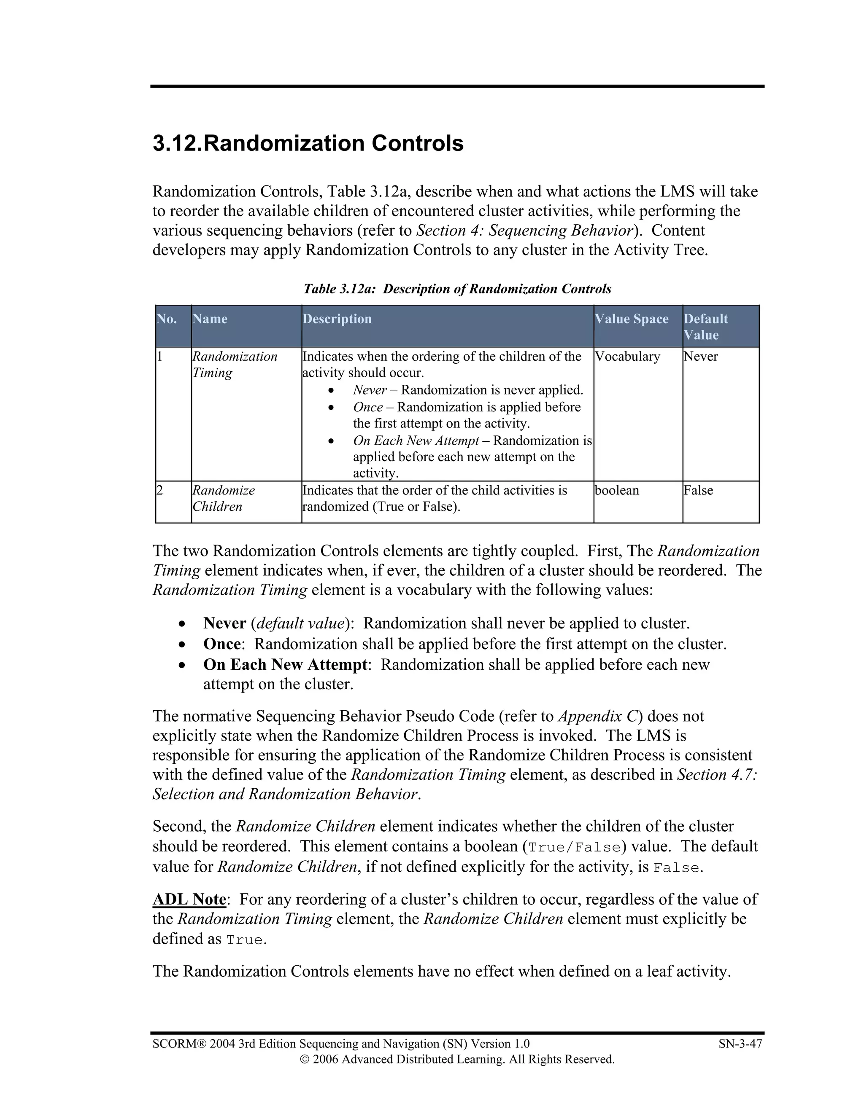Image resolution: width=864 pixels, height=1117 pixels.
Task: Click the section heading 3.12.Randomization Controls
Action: pyautogui.click(x=308, y=143)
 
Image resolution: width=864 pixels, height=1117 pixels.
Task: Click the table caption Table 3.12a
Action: pyautogui.click(x=457, y=289)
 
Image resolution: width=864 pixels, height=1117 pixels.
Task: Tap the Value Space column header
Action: pyautogui.click(x=631, y=319)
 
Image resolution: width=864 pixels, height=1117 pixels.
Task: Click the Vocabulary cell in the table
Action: pyautogui.click(x=627, y=357)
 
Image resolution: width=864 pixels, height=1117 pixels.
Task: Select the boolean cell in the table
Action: pyautogui.click(x=617, y=491)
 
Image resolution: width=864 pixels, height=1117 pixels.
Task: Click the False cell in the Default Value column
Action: pyautogui.click(x=698, y=491)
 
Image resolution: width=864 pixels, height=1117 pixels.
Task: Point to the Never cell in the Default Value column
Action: pyautogui.click(x=700, y=357)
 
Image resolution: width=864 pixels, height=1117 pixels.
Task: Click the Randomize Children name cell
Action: pyautogui.click(x=223, y=498)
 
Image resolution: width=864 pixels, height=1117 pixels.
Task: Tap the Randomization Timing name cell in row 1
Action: pyautogui.click(x=235, y=364)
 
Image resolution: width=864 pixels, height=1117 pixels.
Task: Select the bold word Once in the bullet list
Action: pyautogui.click(x=221, y=644)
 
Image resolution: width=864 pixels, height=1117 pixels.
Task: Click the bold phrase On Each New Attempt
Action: pyautogui.click(x=285, y=664)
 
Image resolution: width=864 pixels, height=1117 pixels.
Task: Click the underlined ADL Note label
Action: pyautogui.click(x=189, y=900)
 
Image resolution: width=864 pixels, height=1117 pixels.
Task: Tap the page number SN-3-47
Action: pyautogui.click(x=740, y=1044)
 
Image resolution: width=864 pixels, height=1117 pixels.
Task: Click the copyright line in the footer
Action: pyautogui.click(x=457, y=1059)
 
